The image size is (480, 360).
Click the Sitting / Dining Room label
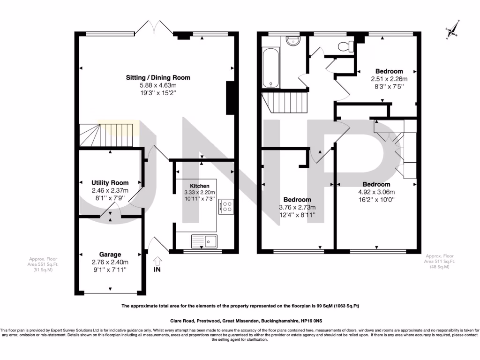click(158, 77)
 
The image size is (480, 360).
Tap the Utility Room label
click(110, 182)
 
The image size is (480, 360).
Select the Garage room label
click(110, 255)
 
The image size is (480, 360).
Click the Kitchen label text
click(199, 186)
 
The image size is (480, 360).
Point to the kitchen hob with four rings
click(227, 207)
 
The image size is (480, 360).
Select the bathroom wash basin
click(293, 42)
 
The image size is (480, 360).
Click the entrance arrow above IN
click(157, 260)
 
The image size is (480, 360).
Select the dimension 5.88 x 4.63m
click(158, 85)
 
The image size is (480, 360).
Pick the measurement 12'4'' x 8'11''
click(297, 215)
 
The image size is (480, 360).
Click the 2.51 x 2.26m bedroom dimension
click(389, 79)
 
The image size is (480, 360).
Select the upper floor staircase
click(284, 101)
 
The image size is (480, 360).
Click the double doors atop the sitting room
click(154, 26)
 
